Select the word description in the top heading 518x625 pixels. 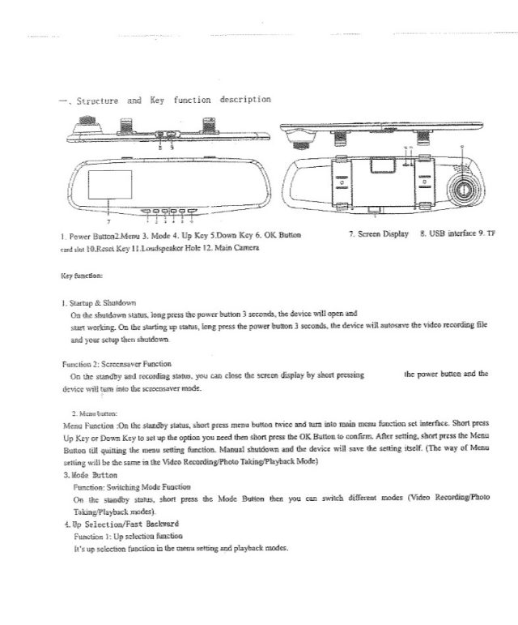tap(241, 101)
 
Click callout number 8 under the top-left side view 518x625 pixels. tap(159, 147)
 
